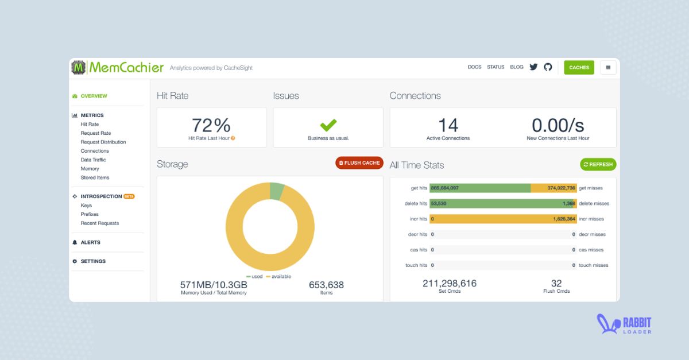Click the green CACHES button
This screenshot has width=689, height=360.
(579, 67)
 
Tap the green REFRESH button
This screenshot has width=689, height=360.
(598, 164)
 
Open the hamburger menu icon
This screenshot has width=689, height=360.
(608, 67)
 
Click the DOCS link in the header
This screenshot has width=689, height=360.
(474, 67)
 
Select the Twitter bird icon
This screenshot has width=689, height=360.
(533, 67)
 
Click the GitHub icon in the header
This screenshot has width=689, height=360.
(548, 67)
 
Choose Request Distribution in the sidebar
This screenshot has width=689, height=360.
(103, 142)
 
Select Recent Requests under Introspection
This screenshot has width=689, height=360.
(100, 223)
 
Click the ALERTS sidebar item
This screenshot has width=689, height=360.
(90, 242)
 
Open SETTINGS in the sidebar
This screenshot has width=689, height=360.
(93, 261)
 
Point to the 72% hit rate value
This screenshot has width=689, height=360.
(211, 125)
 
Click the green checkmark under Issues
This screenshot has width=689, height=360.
(328, 125)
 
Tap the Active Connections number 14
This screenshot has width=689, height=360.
(448, 125)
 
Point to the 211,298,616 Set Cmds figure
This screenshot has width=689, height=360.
(450, 284)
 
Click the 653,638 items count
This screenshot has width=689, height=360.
(326, 285)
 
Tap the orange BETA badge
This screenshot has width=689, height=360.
(129, 196)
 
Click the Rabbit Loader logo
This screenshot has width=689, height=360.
(624, 325)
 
